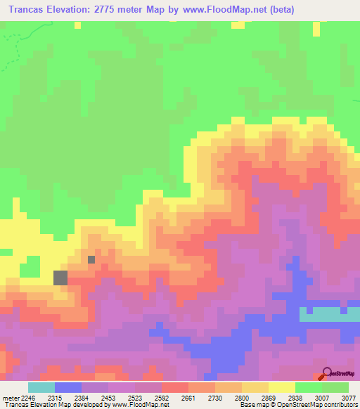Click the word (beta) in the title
(277, 10)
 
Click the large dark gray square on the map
(60, 278)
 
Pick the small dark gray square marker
(91, 259)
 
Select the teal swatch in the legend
(41, 387)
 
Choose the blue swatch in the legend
(68, 387)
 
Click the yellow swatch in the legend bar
(282, 387)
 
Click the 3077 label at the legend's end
(348, 398)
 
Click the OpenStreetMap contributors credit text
(312, 405)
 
